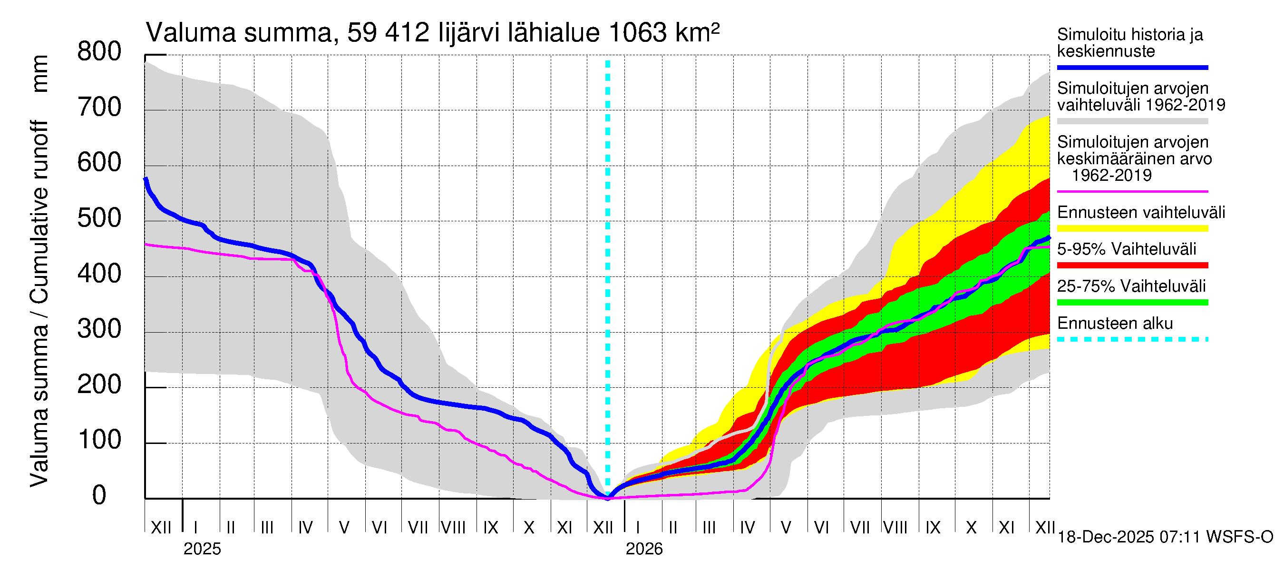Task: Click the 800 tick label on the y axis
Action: click(99, 52)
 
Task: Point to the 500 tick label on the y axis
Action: click(99, 218)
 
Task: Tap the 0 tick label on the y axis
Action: click(99, 495)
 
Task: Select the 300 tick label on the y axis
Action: click(99, 329)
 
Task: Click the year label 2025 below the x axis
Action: click(202, 549)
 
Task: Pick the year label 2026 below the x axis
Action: click(644, 549)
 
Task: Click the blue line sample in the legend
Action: click(1132, 67)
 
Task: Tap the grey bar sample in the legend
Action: click(1132, 121)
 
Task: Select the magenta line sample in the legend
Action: click(1132, 191)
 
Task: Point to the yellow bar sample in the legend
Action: click(1132, 228)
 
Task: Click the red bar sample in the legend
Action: click(1132, 266)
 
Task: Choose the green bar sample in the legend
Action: click(1132, 302)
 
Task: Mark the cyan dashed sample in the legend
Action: click(1132, 340)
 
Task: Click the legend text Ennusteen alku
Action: click(1115, 323)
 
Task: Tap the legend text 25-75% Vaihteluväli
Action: click(1131, 286)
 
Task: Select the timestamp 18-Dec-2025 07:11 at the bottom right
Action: click(1129, 537)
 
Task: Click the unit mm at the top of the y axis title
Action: click(40, 74)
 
